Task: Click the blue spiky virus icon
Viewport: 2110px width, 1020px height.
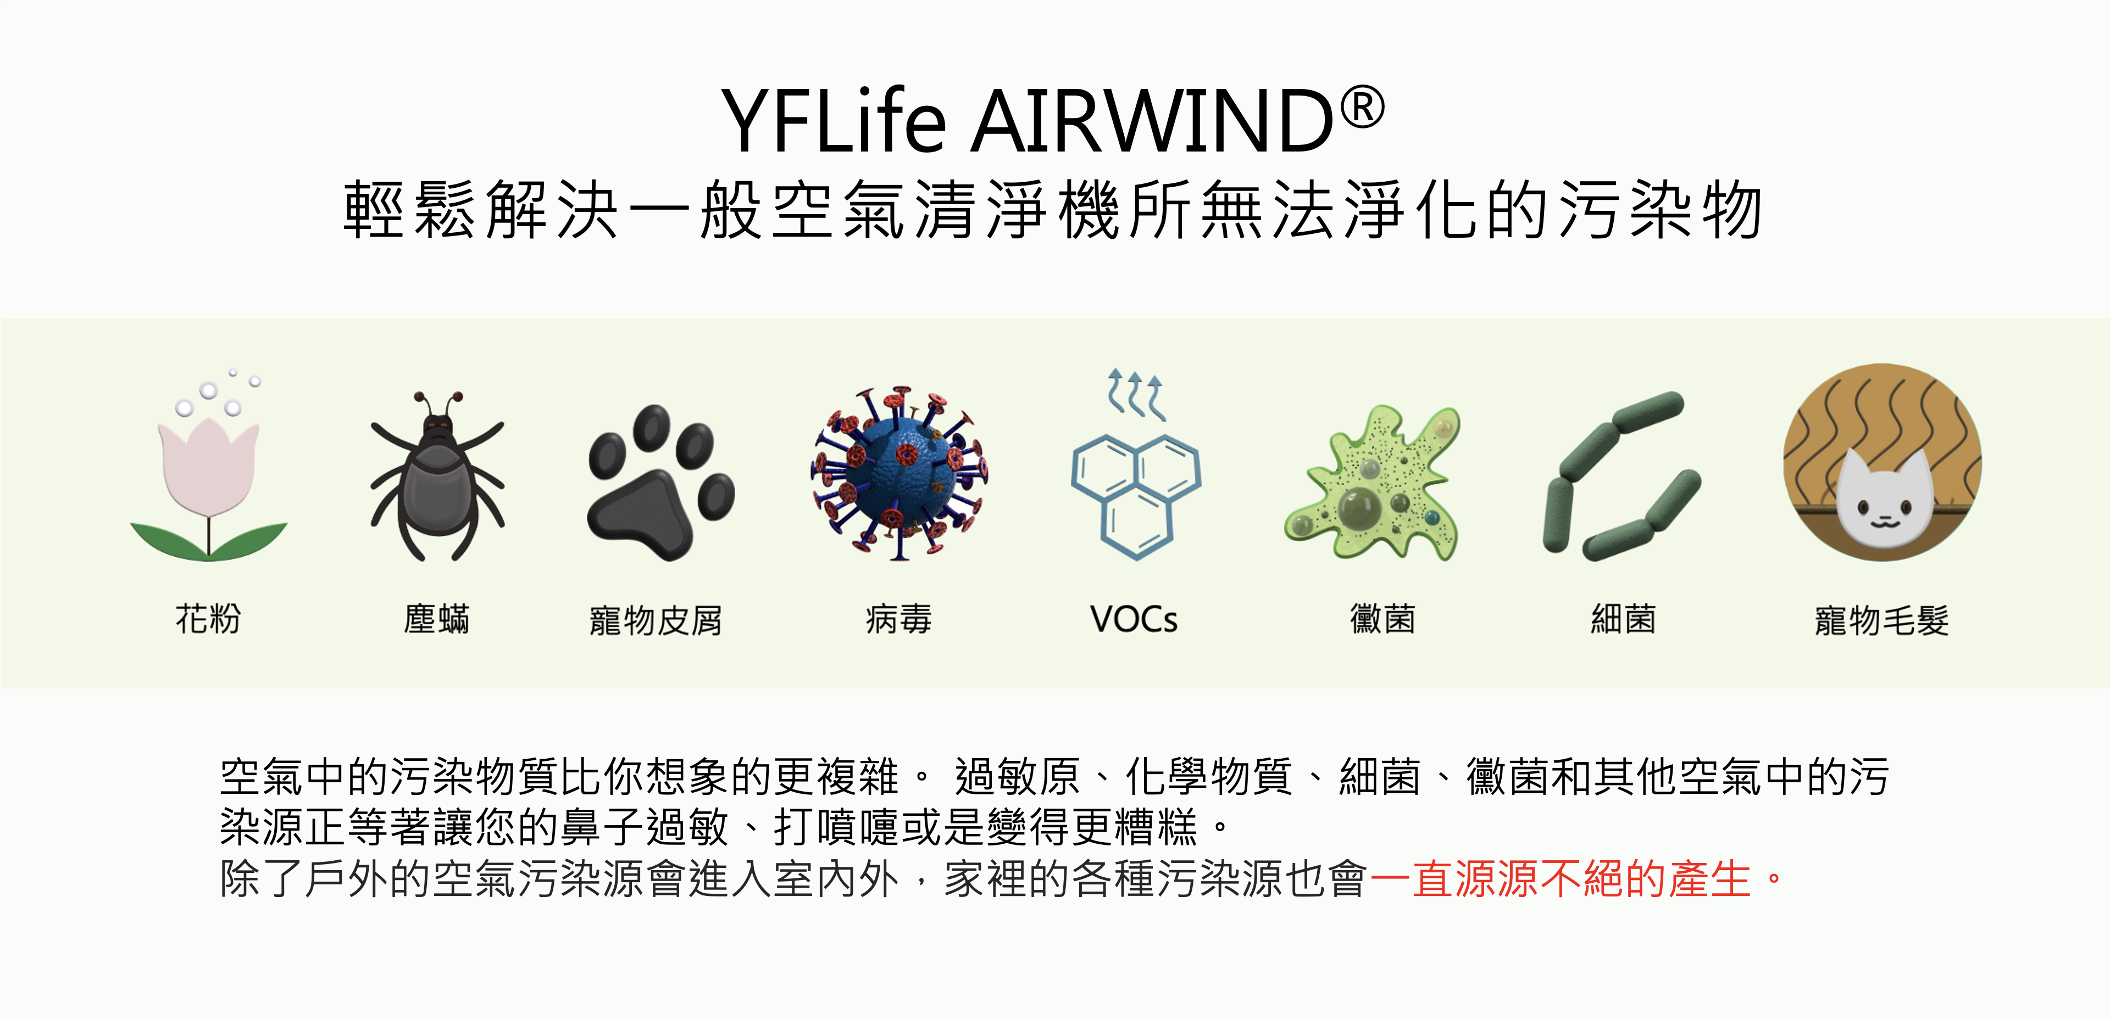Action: (900, 473)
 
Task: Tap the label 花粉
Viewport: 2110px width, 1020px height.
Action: (208, 619)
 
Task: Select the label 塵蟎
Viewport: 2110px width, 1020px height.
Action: (437, 619)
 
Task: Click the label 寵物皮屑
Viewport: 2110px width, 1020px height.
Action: (656, 620)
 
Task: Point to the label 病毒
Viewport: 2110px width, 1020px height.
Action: (898, 619)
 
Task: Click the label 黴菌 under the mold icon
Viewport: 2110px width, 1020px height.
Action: (1382, 619)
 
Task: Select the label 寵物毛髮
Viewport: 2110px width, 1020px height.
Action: (1881, 620)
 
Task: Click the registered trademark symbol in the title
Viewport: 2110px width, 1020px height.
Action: (1362, 108)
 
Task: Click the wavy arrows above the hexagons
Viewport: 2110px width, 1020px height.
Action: (1135, 394)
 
